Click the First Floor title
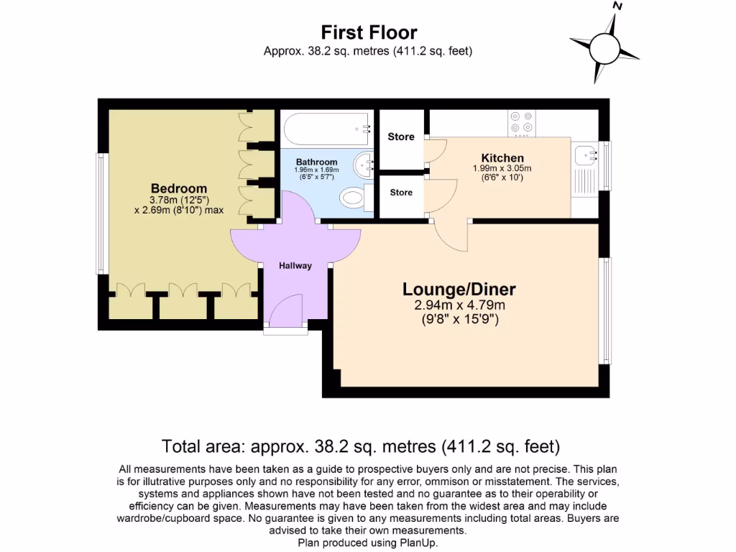(x=368, y=32)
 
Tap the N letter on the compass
(x=616, y=6)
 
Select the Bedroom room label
(x=178, y=189)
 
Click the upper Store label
(x=401, y=137)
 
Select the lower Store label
(x=401, y=193)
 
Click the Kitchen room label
(x=502, y=158)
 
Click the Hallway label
(x=295, y=266)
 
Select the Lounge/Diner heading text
(x=459, y=290)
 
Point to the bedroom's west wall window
(x=101, y=213)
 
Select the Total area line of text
(x=361, y=446)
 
